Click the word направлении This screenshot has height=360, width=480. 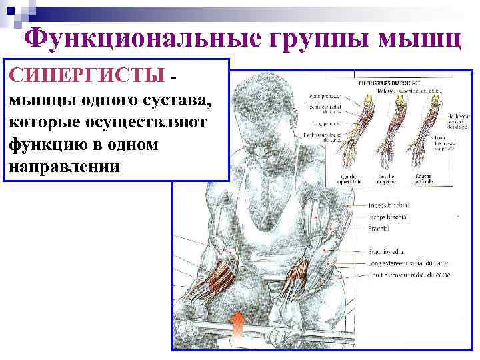64,165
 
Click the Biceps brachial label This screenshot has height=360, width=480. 389,217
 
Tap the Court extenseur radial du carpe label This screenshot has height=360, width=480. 409,275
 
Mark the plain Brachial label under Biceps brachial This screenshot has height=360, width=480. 379,228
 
